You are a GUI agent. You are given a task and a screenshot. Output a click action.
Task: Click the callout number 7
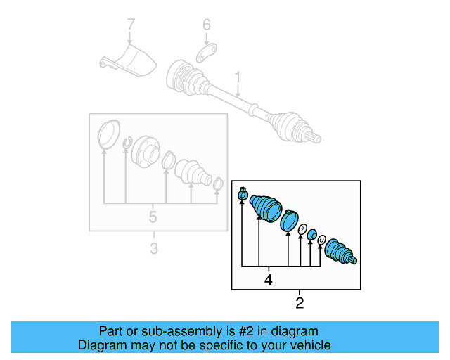click(x=130, y=25)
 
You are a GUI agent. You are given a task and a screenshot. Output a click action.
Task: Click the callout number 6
click(x=206, y=25)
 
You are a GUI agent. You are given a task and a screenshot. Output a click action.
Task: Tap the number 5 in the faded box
click(x=153, y=217)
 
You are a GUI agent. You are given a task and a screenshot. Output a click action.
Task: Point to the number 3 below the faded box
click(x=154, y=247)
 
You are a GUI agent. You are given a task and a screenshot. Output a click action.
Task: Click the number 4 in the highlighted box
click(x=267, y=280)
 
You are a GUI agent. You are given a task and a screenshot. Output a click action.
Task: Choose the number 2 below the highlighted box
click(x=300, y=304)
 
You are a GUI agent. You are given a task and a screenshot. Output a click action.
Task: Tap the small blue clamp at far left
click(x=243, y=195)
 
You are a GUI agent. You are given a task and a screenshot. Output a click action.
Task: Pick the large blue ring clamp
click(x=289, y=220)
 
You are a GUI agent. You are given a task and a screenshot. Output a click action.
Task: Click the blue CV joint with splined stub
click(x=340, y=252)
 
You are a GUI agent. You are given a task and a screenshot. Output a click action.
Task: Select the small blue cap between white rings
click(x=312, y=235)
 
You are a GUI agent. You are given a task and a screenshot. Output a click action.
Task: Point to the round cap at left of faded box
click(x=106, y=135)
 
